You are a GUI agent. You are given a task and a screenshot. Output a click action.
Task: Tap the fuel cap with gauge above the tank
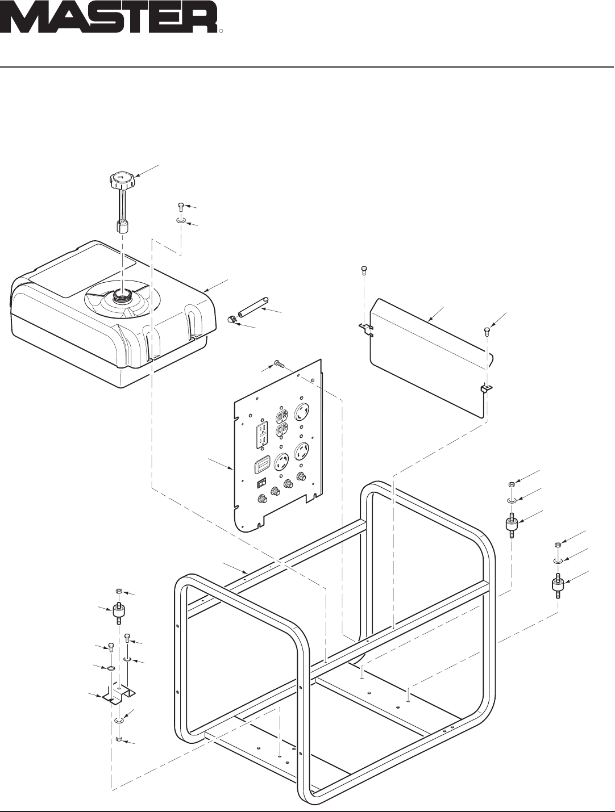(120, 182)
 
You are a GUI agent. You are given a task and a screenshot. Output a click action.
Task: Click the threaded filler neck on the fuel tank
(120, 295)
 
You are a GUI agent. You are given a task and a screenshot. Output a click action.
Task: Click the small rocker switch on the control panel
(261, 483)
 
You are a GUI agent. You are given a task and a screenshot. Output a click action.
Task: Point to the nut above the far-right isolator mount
(558, 545)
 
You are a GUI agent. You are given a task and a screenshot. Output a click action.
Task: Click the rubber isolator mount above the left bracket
(119, 612)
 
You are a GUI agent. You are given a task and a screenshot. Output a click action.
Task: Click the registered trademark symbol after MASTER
(221, 32)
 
